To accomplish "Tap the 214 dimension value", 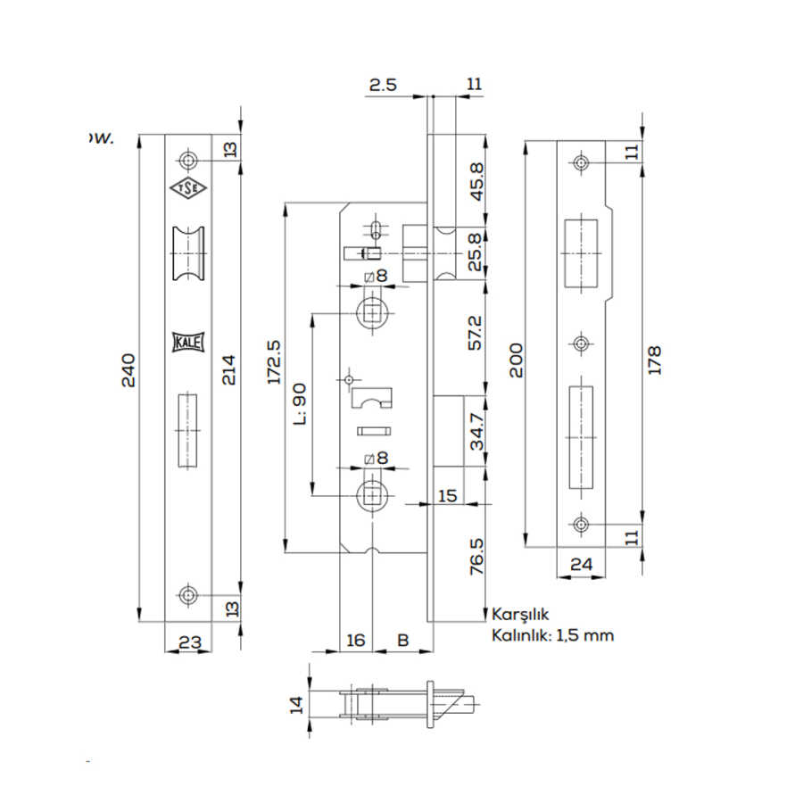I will (229, 368).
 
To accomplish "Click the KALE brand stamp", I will (187, 343).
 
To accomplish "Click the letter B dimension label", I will (402, 640).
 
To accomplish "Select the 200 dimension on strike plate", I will (516, 360).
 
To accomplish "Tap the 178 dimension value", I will (655, 360).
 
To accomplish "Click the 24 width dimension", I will (580, 564).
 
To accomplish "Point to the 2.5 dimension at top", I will (383, 85).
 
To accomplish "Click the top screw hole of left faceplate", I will (188, 160).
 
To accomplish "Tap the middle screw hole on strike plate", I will (582, 344).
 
